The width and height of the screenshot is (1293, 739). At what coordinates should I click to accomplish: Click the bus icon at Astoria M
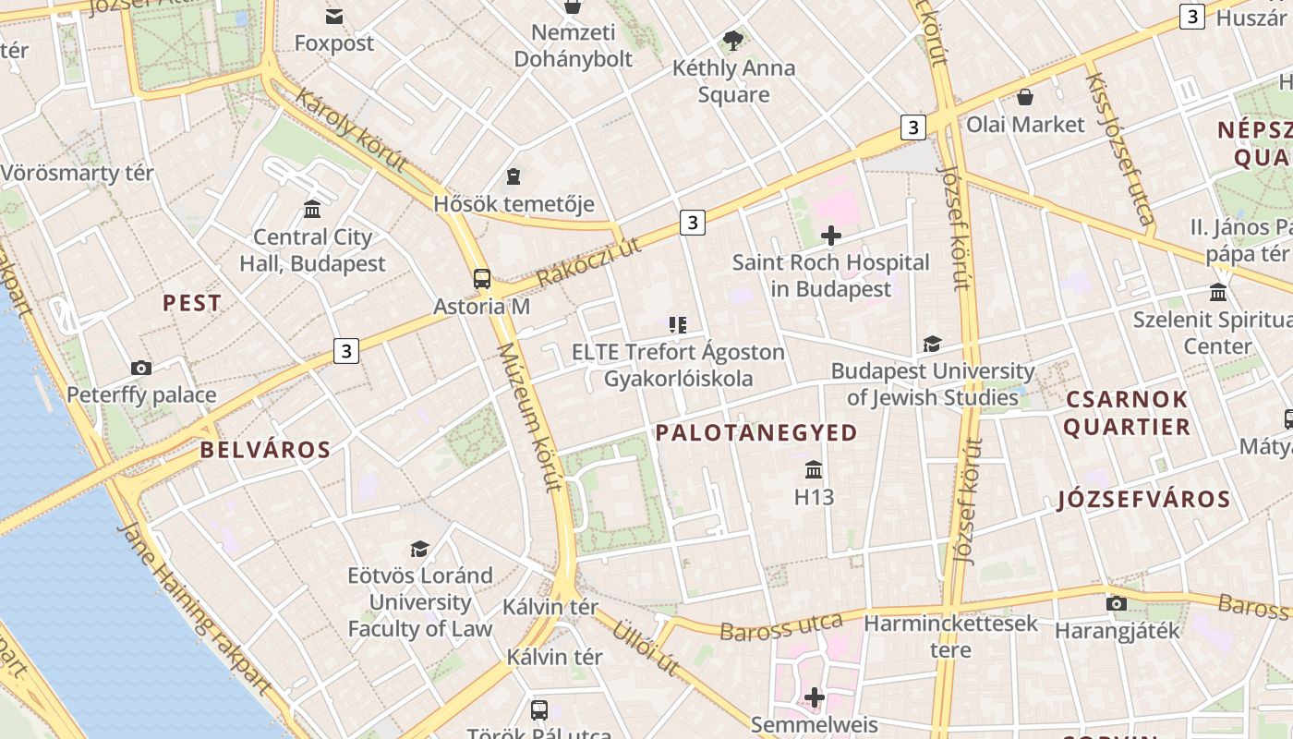click(481, 278)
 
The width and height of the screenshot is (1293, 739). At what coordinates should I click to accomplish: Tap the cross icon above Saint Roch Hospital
click(830, 236)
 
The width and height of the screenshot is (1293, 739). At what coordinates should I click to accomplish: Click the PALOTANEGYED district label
click(756, 432)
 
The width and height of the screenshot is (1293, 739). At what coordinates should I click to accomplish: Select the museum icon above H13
click(814, 469)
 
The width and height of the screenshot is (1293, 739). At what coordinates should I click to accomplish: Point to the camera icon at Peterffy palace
click(141, 368)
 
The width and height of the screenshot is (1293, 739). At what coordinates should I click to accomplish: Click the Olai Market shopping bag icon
click(1024, 97)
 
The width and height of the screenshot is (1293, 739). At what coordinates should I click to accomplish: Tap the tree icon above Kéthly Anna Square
click(733, 41)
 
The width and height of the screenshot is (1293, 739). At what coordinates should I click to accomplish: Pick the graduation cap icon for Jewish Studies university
click(932, 345)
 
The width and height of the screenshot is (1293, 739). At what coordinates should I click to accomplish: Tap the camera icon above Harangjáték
click(1116, 604)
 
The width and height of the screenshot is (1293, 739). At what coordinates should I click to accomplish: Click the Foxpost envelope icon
click(333, 16)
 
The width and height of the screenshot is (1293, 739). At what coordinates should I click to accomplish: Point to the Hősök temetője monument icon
click(514, 176)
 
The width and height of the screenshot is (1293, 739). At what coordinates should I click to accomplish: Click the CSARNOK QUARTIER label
click(1127, 413)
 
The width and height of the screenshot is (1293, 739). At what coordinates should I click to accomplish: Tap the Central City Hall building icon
click(312, 210)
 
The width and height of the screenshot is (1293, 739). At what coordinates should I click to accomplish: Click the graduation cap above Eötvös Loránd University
click(419, 549)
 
